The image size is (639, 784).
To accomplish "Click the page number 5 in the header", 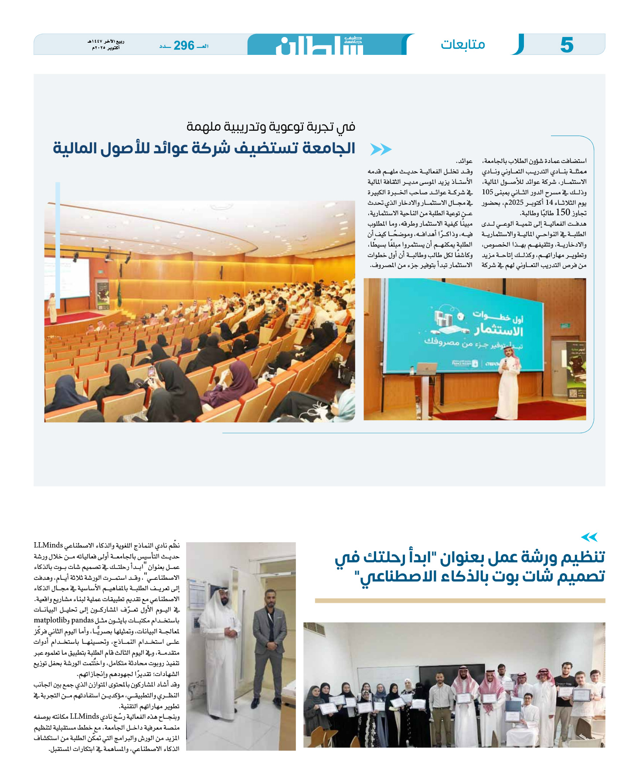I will (x=566, y=45).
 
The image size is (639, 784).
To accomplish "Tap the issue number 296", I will (x=184, y=45).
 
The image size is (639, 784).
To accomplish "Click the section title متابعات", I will (x=462, y=44).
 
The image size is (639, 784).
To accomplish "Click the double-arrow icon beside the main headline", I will (x=381, y=149).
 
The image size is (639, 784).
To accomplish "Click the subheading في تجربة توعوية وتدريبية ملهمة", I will (x=271, y=127).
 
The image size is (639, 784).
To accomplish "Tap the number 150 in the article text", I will (x=563, y=213).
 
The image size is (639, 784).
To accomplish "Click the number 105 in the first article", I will (x=487, y=192).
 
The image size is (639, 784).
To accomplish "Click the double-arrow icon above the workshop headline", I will (x=589, y=537).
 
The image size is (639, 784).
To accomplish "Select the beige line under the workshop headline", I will (x=460, y=601).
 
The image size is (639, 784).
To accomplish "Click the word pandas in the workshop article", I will (x=82, y=620).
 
